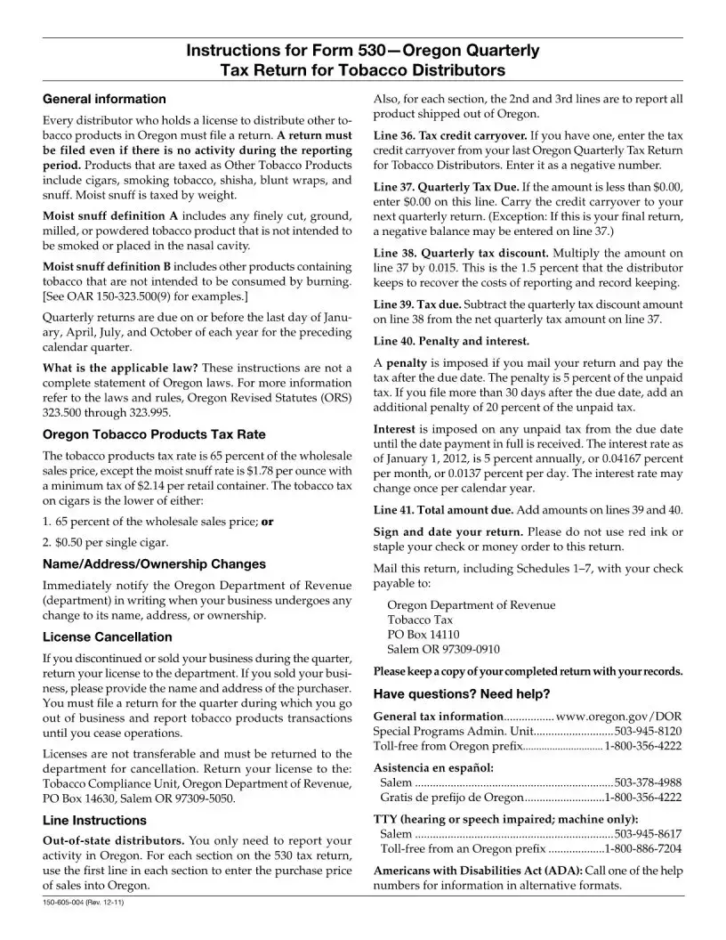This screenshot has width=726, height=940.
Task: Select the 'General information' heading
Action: coord(104,99)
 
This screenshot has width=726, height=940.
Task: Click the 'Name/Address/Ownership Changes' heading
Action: coord(154,564)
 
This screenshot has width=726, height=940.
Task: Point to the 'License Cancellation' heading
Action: coord(108,637)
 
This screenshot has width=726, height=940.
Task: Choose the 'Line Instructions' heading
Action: coord(94,821)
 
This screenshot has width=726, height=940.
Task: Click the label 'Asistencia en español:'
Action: coord(433,767)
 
